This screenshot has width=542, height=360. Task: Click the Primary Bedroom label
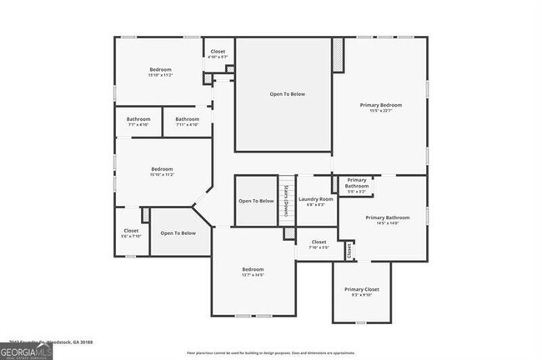pos(381,105)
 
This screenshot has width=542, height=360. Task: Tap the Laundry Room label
pos(315,199)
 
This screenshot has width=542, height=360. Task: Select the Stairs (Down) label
pos(287,200)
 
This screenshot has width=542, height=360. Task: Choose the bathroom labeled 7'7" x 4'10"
pos(138,122)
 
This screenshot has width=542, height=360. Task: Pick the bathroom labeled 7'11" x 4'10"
pos(187,122)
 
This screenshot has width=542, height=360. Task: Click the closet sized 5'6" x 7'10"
pos(132,233)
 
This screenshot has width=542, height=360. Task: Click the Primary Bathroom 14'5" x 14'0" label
pos(382,220)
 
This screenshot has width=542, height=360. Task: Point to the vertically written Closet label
pos(349,248)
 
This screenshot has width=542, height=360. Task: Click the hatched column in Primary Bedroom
pos(338,56)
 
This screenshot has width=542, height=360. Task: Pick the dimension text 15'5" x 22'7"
pos(381,111)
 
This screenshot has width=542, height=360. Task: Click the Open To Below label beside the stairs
pos(256,201)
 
